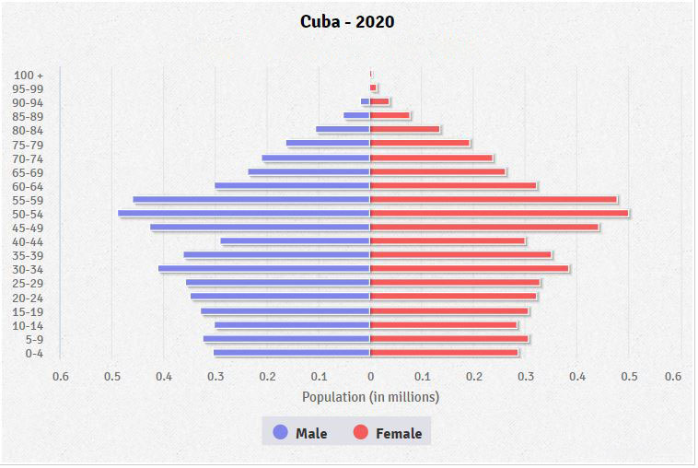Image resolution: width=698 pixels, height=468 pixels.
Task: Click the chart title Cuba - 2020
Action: point(347,21)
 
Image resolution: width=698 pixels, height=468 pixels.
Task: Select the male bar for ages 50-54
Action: point(244,214)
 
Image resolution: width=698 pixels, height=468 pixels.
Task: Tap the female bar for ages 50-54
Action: point(499,214)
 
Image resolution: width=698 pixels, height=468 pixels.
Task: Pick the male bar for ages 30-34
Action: point(264,269)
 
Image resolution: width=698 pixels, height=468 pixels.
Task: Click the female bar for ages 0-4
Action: point(444,353)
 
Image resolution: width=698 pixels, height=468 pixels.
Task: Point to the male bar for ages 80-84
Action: point(343,130)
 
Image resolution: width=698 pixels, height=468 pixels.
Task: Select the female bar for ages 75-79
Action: point(420,144)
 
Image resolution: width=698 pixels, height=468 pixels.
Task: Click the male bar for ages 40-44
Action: point(296,241)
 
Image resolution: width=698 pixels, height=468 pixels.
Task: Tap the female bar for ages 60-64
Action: point(453,186)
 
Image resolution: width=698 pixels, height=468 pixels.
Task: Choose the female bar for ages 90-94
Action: point(379,102)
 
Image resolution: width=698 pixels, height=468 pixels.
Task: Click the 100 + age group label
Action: point(29,75)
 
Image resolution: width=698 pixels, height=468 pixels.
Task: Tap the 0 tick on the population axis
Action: point(370,376)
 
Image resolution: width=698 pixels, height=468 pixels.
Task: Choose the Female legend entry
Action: point(388,433)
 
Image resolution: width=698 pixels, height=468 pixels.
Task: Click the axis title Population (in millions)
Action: point(370,397)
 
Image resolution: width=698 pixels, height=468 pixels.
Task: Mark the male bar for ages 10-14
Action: point(293,325)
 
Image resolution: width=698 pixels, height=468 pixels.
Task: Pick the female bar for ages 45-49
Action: point(484,228)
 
